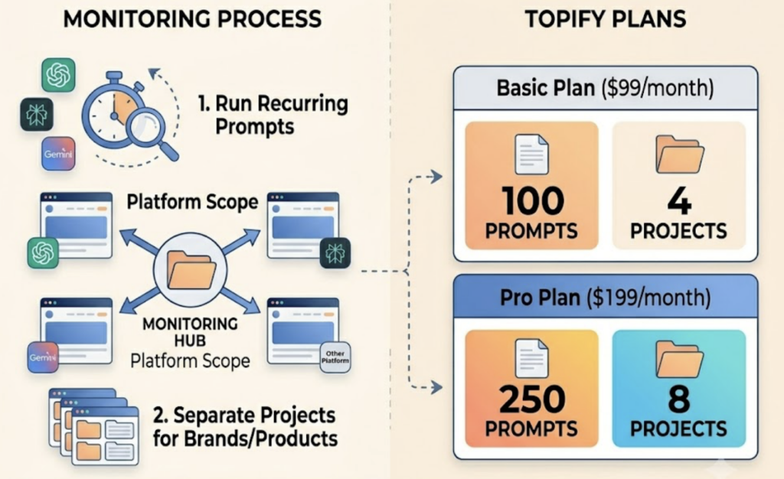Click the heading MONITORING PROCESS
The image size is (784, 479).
[192, 19]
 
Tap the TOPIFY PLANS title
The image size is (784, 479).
[606, 19]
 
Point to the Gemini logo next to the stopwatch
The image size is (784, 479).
[58, 153]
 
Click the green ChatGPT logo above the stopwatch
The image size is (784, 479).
[58, 75]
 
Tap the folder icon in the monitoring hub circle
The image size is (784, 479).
[191, 269]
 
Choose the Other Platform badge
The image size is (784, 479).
[335, 357]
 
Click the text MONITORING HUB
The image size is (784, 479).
[190, 332]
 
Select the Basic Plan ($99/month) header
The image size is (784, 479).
[606, 89]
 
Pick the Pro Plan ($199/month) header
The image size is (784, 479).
[606, 297]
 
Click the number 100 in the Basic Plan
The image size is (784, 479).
[533, 200]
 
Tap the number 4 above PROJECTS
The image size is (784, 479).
[679, 200]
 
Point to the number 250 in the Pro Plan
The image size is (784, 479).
[532, 399]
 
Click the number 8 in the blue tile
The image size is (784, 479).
[679, 399]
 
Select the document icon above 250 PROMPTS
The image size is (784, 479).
[531, 358]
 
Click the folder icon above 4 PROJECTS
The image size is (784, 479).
[680, 155]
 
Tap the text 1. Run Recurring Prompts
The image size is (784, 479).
[273, 115]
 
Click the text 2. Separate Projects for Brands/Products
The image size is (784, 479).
[245, 427]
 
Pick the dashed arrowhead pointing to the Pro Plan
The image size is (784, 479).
[436, 387]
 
